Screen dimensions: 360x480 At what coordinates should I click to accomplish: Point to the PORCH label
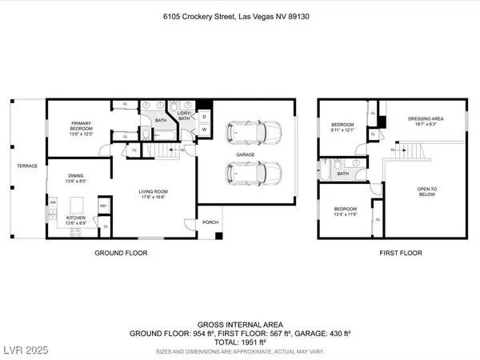click(210, 222)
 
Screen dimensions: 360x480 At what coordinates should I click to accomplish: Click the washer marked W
click(203, 130)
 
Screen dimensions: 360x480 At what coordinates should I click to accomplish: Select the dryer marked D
click(203, 117)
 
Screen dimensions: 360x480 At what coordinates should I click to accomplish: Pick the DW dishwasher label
click(53, 202)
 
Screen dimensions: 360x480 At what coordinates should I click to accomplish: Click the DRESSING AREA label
click(426, 121)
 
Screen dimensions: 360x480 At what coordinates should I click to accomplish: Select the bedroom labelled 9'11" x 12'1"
click(343, 128)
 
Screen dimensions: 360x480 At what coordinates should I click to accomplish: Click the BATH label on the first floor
click(343, 173)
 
